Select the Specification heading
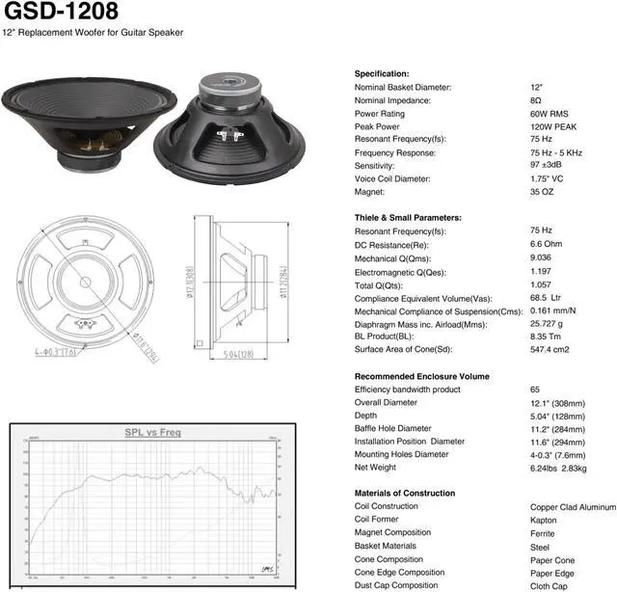[x=382, y=74]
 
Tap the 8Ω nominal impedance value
[x=535, y=100]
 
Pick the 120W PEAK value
[x=552, y=126]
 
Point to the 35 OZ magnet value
[x=542, y=192]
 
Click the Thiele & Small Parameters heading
[x=408, y=218]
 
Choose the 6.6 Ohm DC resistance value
[x=547, y=244]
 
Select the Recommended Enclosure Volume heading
[x=422, y=376]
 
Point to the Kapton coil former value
[x=544, y=520]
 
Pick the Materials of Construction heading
[x=405, y=494]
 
